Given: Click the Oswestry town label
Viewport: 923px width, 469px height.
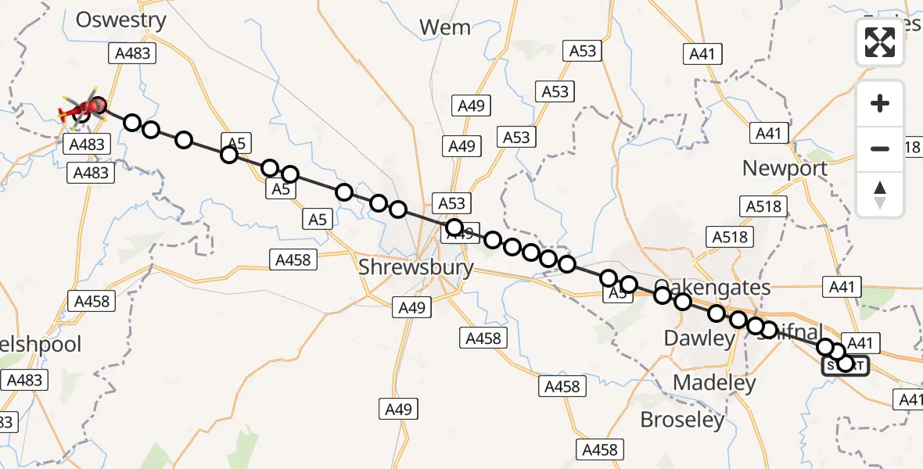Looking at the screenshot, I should pos(121,20).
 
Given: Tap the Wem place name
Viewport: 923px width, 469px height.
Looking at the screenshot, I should pos(445,27).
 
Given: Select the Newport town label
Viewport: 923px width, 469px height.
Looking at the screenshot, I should pos(785,168).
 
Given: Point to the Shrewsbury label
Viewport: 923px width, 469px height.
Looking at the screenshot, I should pos(416,267).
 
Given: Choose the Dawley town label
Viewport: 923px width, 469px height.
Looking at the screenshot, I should pos(699,338).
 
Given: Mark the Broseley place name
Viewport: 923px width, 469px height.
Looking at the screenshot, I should pos(682,420).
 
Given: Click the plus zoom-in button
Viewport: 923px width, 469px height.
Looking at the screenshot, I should pos(880,103).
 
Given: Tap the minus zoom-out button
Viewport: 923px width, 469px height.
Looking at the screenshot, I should pos(880,149).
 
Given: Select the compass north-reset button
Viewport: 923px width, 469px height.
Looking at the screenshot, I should pos(880,194).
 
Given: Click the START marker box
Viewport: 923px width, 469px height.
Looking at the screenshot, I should pos(846,365).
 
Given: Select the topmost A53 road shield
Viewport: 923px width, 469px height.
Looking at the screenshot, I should pos(582,51).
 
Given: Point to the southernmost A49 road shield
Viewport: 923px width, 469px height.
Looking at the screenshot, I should pos(399,408).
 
